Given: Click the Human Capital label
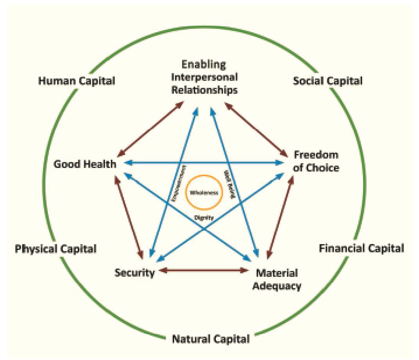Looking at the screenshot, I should [x=76, y=81].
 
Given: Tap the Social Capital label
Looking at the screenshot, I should [x=328, y=81].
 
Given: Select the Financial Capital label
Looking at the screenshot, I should [x=362, y=248].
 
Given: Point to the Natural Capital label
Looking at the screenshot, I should [x=211, y=339].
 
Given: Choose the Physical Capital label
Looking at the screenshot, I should [x=56, y=248].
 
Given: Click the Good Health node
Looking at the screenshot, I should [x=85, y=164].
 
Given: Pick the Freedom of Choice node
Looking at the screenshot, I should [x=316, y=161].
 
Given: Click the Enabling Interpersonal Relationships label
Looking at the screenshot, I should [x=204, y=77].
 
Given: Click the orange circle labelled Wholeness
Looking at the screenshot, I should [x=204, y=193].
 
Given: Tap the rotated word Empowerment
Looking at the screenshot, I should [x=179, y=183].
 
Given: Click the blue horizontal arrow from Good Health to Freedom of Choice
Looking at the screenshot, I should [x=204, y=163].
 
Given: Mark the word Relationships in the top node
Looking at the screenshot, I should [x=204, y=90].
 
